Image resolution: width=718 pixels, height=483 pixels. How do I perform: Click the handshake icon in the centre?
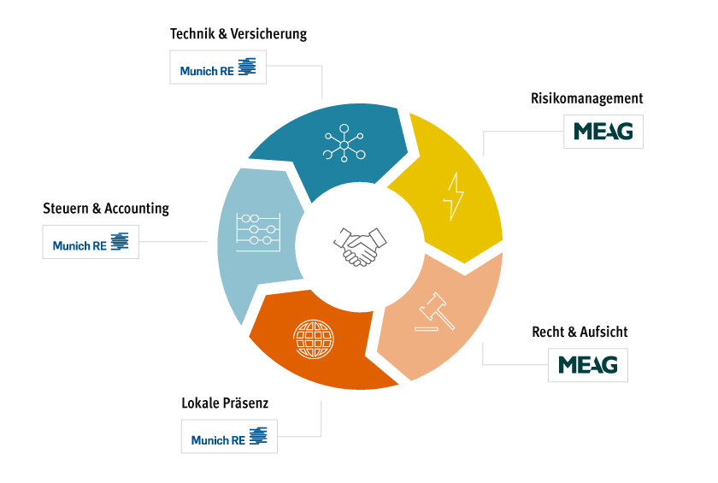click(356, 246)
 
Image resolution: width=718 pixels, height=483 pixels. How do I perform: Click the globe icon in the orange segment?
click(310, 339)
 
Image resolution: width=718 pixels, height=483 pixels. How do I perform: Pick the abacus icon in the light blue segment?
click(257, 230)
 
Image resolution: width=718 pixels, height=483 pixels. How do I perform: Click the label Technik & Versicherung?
click(238, 34)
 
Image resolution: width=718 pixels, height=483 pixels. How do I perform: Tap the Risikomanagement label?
click(586, 98)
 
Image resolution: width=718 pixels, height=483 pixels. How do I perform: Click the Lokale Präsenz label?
click(225, 402)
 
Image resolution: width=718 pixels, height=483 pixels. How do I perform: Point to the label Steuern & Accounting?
click(106, 208)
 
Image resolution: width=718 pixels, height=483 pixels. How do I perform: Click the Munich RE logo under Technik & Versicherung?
click(218, 68)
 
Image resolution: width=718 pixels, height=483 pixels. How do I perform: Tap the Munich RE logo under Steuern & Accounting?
click(91, 243)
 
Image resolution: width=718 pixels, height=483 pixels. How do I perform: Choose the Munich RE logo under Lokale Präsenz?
click(229, 438)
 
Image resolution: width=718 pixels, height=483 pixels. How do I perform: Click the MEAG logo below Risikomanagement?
click(603, 133)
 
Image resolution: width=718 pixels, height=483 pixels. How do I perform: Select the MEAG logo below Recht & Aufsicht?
click(588, 365)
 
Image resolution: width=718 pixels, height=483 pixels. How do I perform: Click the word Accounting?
click(137, 208)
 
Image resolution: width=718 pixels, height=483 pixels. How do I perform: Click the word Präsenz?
click(245, 402)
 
